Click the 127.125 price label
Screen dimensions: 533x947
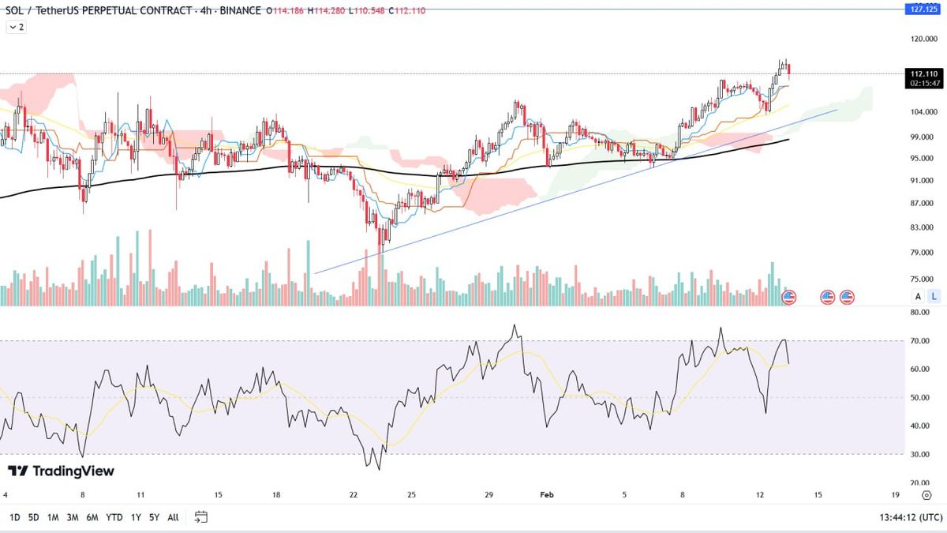[x=920, y=9]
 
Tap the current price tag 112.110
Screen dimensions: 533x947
[x=923, y=73]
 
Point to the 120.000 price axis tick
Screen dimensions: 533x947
[x=923, y=39]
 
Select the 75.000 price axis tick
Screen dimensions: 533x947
[x=923, y=279]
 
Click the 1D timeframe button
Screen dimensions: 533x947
[x=14, y=517]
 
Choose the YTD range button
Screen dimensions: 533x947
[x=114, y=517]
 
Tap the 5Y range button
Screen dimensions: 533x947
[x=154, y=517]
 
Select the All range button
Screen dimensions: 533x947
[x=173, y=517]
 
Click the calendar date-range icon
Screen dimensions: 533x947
[x=201, y=517]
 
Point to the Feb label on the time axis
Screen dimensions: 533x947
[x=547, y=495]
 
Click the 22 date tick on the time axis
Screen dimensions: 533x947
[x=354, y=495]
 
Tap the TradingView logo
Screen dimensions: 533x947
[x=61, y=471]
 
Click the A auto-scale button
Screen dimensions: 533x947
[x=918, y=296]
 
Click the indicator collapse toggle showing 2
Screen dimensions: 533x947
[x=16, y=27]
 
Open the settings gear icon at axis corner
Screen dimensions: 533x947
[x=926, y=495]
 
